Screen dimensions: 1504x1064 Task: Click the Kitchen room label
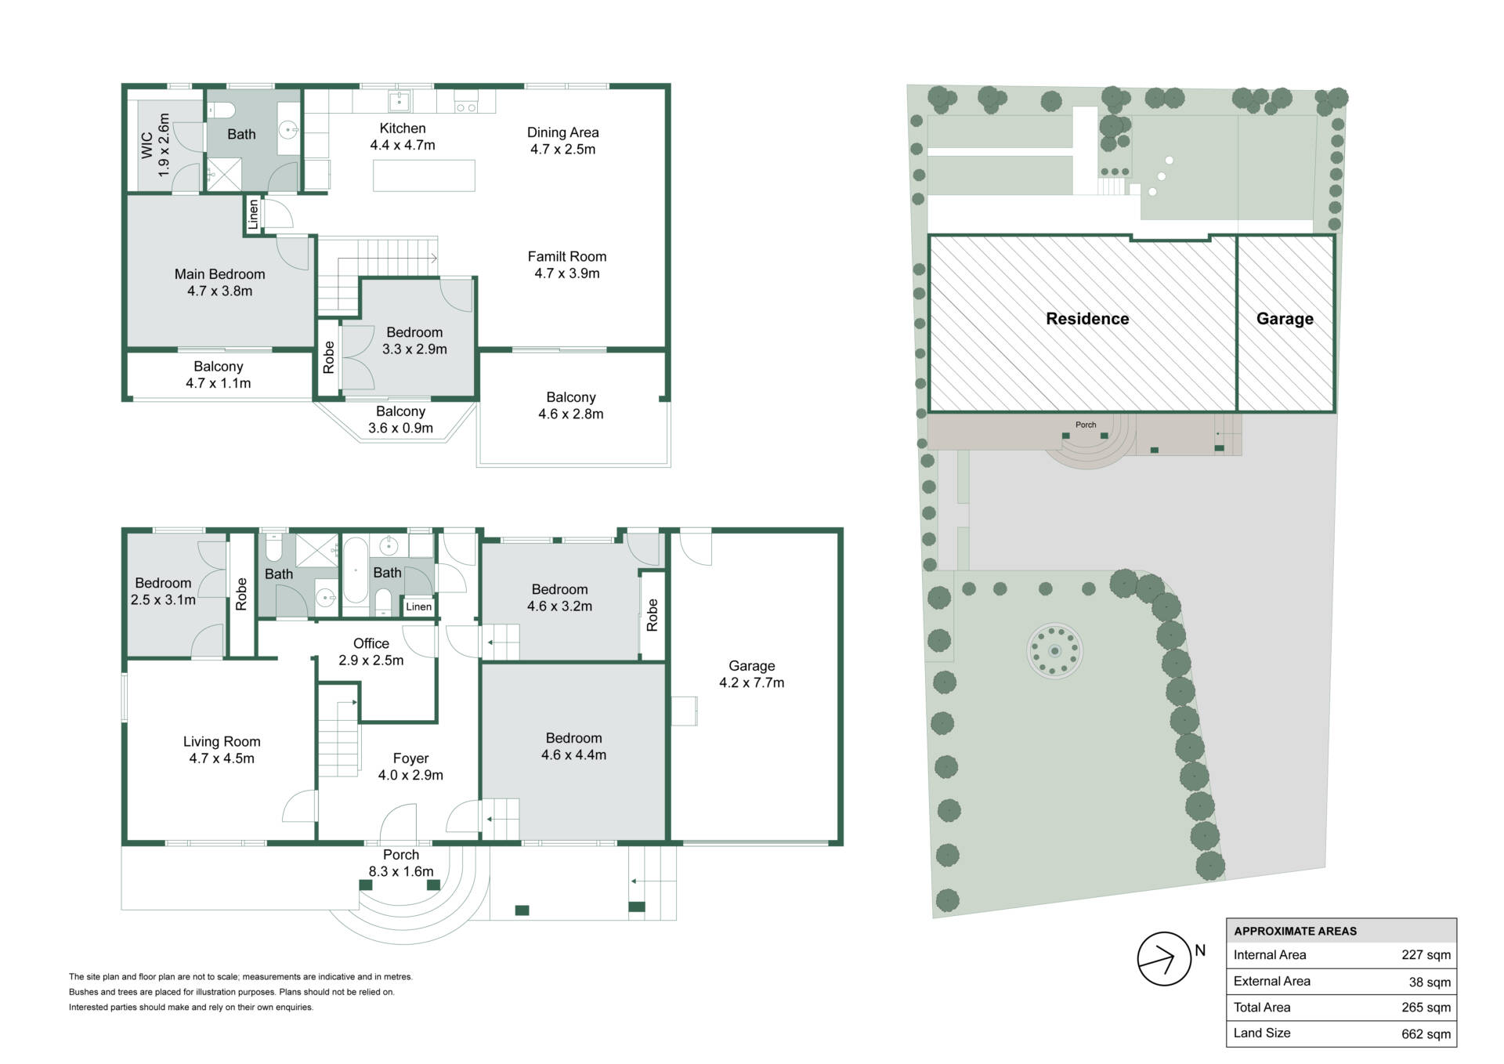click(403, 128)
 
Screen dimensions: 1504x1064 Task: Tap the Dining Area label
click(562, 132)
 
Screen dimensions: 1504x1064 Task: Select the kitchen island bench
click(424, 176)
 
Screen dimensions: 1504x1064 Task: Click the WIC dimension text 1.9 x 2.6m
click(163, 145)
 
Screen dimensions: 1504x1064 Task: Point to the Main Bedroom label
click(219, 274)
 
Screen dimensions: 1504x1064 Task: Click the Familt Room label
click(567, 256)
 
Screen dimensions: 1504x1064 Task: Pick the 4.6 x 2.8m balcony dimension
click(571, 414)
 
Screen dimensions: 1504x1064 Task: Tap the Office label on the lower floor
click(371, 643)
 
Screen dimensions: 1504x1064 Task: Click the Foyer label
click(410, 758)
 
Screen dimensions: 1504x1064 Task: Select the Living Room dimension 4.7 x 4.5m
click(222, 758)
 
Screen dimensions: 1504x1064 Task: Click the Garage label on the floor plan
click(752, 666)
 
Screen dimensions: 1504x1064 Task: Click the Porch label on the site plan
click(1086, 425)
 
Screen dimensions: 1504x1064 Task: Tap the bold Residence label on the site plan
click(1087, 319)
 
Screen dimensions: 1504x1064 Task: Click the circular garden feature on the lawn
click(1054, 650)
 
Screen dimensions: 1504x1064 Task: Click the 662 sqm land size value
click(1426, 1034)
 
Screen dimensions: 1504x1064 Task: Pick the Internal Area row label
click(1270, 954)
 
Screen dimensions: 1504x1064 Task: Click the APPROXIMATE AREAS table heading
click(1296, 931)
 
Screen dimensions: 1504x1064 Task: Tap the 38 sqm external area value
click(1430, 982)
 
